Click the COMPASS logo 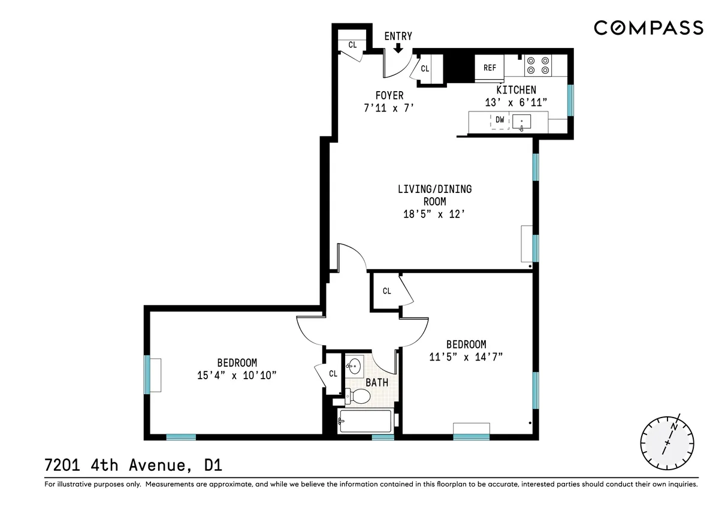click(x=648, y=28)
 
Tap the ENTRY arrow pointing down click(x=398, y=49)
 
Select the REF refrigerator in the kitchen click(x=490, y=68)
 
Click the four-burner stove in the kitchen click(x=537, y=65)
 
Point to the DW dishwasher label click(x=500, y=120)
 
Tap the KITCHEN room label click(x=516, y=90)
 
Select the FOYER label click(x=389, y=95)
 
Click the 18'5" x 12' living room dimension click(x=434, y=214)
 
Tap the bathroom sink click(x=354, y=365)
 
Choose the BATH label click(x=377, y=382)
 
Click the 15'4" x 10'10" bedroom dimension click(x=237, y=375)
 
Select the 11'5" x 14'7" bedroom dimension click(x=466, y=356)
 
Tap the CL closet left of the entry click(x=352, y=45)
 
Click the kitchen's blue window click(x=570, y=99)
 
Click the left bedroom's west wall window click(x=147, y=375)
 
